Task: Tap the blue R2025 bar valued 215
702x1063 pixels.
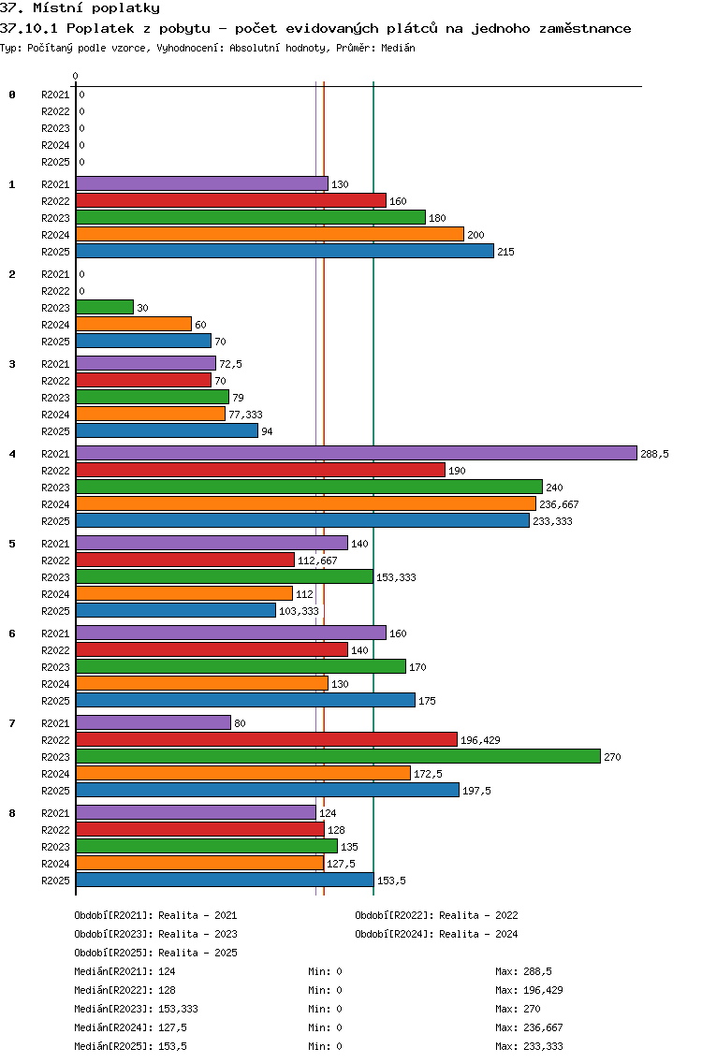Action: click(285, 251)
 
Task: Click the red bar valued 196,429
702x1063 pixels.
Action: click(266, 739)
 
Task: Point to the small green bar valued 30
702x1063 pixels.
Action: click(105, 307)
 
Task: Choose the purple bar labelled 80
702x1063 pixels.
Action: click(153, 722)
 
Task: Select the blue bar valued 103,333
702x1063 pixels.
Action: click(176, 610)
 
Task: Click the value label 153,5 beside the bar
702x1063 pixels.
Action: click(391, 881)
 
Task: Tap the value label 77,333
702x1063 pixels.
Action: click(245, 415)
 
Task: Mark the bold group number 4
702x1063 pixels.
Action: click(12, 454)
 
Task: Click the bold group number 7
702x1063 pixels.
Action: click(12, 723)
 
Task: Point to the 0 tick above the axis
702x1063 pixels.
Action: click(76, 77)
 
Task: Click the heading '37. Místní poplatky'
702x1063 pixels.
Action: click(80, 8)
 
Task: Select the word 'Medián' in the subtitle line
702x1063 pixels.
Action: click(397, 48)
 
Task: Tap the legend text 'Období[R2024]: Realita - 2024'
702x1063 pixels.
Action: click(436, 934)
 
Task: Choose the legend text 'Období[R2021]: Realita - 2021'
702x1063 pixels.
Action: click(155, 915)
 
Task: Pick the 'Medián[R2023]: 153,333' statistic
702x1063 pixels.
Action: click(136, 1009)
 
